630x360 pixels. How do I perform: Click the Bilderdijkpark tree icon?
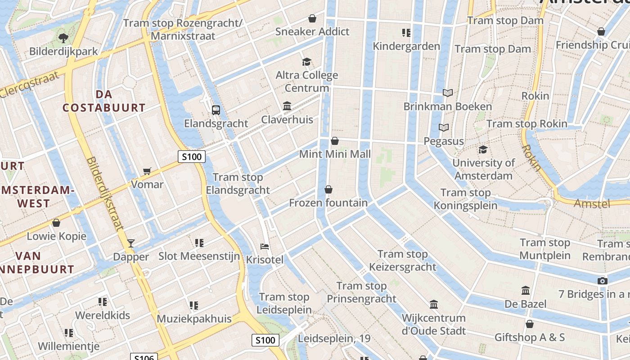(x=63, y=37)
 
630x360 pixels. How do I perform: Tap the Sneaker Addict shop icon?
(x=312, y=18)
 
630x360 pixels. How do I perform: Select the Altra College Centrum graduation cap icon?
(x=306, y=62)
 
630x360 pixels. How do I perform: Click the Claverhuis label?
(x=287, y=120)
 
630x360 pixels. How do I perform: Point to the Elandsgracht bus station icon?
(x=216, y=110)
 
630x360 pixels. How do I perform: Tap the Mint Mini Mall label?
(x=335, y=154)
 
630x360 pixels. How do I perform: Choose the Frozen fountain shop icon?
(x=328, y=189)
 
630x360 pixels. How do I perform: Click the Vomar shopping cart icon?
(x=147, y=171)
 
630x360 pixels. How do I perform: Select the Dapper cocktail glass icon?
(x=131, y=243)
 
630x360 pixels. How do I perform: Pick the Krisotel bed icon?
(x=265, y=247)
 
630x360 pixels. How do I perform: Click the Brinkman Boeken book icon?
(x=447, y=93)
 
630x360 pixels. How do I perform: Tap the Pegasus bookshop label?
(x=444, y=141)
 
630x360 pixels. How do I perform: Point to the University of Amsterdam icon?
(x=483, y=149)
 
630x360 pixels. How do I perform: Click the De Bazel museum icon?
(x=525, y=291)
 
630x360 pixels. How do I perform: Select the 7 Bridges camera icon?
(x=602, y=281)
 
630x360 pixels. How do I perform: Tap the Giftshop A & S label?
(x=530, y=337)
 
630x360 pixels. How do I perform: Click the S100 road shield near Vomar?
(x=192, y=157)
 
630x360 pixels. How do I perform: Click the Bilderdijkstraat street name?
(x=104, y=193)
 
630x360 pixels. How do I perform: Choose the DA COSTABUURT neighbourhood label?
(x=104, y=101)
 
